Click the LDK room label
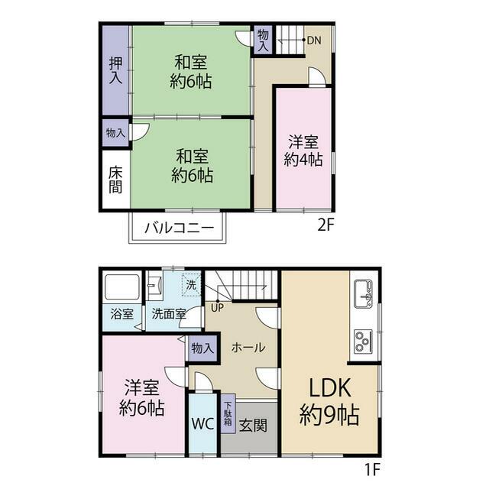pyautogui.click(x=329, y=403)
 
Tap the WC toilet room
pyautogui.click(x=203, y=423)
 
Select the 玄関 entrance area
pyautogui.click(x=253, y=425)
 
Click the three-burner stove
pyautogui.click(x=364, y=342)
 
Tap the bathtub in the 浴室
pyautogui.click(x=121, y=287)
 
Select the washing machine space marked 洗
pyautogui.click(x=192, y=285)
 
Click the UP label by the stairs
pyautogui.click(x=217, y=308)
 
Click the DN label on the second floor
pyautogui.click(x=314, y=40)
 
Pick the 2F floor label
pyautogui.click(x=326, y=225)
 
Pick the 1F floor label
pyautogui.click(x=372, y=468)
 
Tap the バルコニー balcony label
pyautogui.click(x=180, y=228)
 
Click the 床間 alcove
pyautogui.click(x=115, y=179)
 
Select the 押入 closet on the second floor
pyautogui.click(x=115, y=70)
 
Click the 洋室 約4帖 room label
pyautogui.click(x=303, y=151)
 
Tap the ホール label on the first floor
pyautogui.click(x=248, y=347)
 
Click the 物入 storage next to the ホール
pyautogui.click(x=202, y=348)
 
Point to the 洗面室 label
pyautogui.click(x=169, y=314)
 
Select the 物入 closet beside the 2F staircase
pyautogui.click(x=263, y=40)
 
